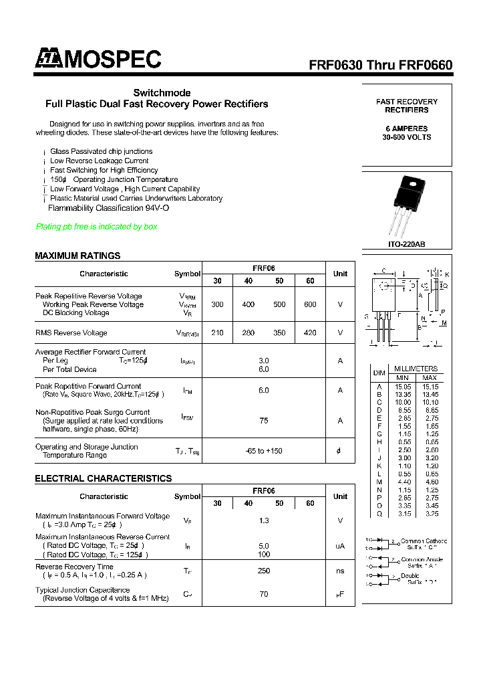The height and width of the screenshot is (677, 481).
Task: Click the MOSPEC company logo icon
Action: pyautogui.click(x=48, y=59)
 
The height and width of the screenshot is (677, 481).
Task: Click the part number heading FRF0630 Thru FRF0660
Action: pyautogui.click(x=380, y=66)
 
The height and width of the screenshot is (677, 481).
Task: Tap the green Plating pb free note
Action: pyautogui.click(x=96, y=227)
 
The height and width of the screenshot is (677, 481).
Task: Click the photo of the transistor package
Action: pyautogui.click(x=407, y=205)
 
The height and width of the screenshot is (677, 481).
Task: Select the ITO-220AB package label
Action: pyautogui.click(x=406, y=245)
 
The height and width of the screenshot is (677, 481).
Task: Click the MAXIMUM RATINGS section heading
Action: pyautogui.click(x=77, y=256)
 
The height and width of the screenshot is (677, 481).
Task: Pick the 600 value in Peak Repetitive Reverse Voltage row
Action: pyautogui.click(x=310, y=304)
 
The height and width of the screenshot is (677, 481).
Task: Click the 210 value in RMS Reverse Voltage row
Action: pyautogui.click(x=217, y=332)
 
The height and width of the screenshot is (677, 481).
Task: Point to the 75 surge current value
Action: pyautogui.click(x=264, y=421)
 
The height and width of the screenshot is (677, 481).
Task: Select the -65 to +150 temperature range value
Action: pyautogui.click(x=264, y=451)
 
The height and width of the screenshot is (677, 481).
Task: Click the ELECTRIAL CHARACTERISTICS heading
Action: pyautogui.click(x=103, y=478)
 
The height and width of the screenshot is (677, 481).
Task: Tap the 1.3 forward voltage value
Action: pyautogui.click(x=264, y=520)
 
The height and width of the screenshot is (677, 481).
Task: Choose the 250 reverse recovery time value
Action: pyautogui.click(x=264, y=571)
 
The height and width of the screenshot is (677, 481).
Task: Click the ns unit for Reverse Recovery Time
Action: pyautogui.click(x=340, y=571)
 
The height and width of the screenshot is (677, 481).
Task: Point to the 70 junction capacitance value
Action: pyautogui.click(x=264, y=594)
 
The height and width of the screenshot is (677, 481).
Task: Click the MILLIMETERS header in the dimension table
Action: pyautogui.click(x=416, y=369)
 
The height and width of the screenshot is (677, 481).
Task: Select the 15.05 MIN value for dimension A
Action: pyautogui.click(x=402, y=386)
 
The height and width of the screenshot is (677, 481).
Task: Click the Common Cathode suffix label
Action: pyautogui.click(x=424, y=541)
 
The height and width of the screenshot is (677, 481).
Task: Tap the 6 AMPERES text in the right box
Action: pyautogui.click(x=406, y=128)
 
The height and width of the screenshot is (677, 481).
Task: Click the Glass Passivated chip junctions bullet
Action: pyautogui.click(x=101, y=152)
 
